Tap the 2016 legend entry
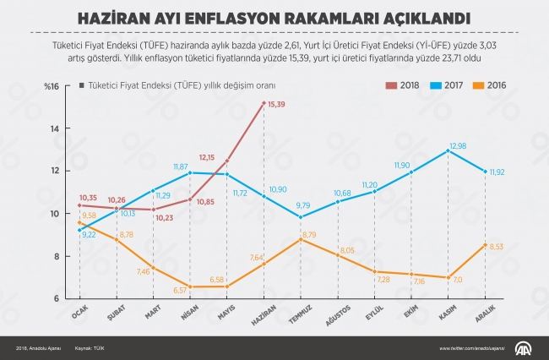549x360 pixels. click(x=492, y=85)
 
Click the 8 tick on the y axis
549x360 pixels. click(x=56, y=256)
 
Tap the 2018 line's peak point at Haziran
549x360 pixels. click(x=264, y=103)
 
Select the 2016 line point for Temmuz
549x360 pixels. click(x=302, y=239)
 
